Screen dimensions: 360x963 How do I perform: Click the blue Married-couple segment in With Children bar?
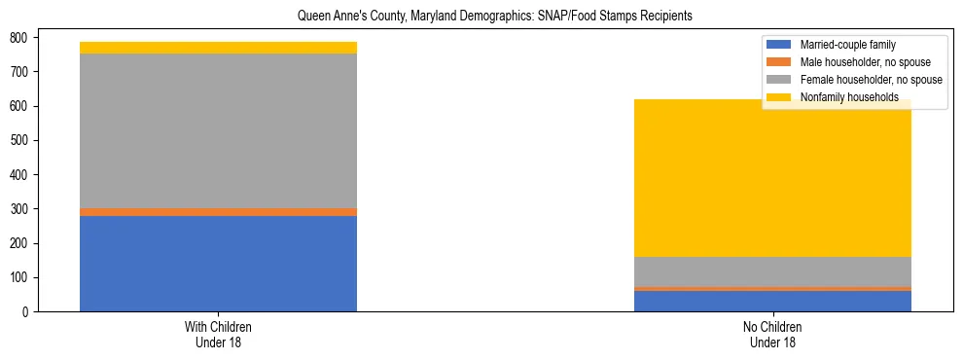tap(218, 263)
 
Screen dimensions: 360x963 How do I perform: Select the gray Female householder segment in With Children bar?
tap(218, 130)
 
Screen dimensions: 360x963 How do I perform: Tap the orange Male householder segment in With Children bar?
tap(218, 211)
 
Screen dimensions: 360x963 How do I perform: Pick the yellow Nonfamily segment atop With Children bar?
tap(218, 48)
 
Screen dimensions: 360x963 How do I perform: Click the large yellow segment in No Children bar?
tap(772, 185)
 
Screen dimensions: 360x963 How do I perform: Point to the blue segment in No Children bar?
tap(772, 301)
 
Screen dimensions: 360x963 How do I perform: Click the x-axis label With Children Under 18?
tap(218, 335)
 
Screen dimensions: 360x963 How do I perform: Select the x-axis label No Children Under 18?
tap(772, 335)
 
